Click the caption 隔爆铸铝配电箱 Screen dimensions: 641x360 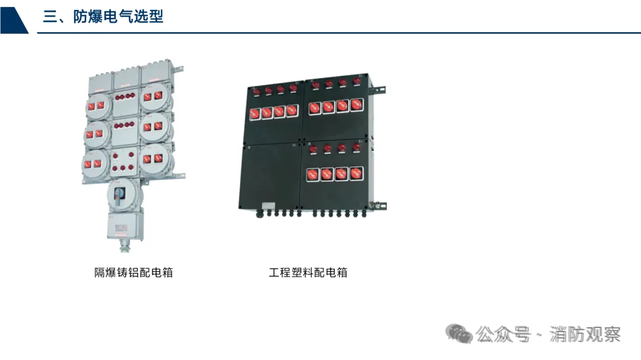(134, 272)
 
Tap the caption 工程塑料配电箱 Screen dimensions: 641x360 (308, 272)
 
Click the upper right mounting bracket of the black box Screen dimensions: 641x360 (378, 91)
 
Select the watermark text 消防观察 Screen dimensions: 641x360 (585, 334)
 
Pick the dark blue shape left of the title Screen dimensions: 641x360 (13, 17)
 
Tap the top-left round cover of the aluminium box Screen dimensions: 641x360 (97, 105)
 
